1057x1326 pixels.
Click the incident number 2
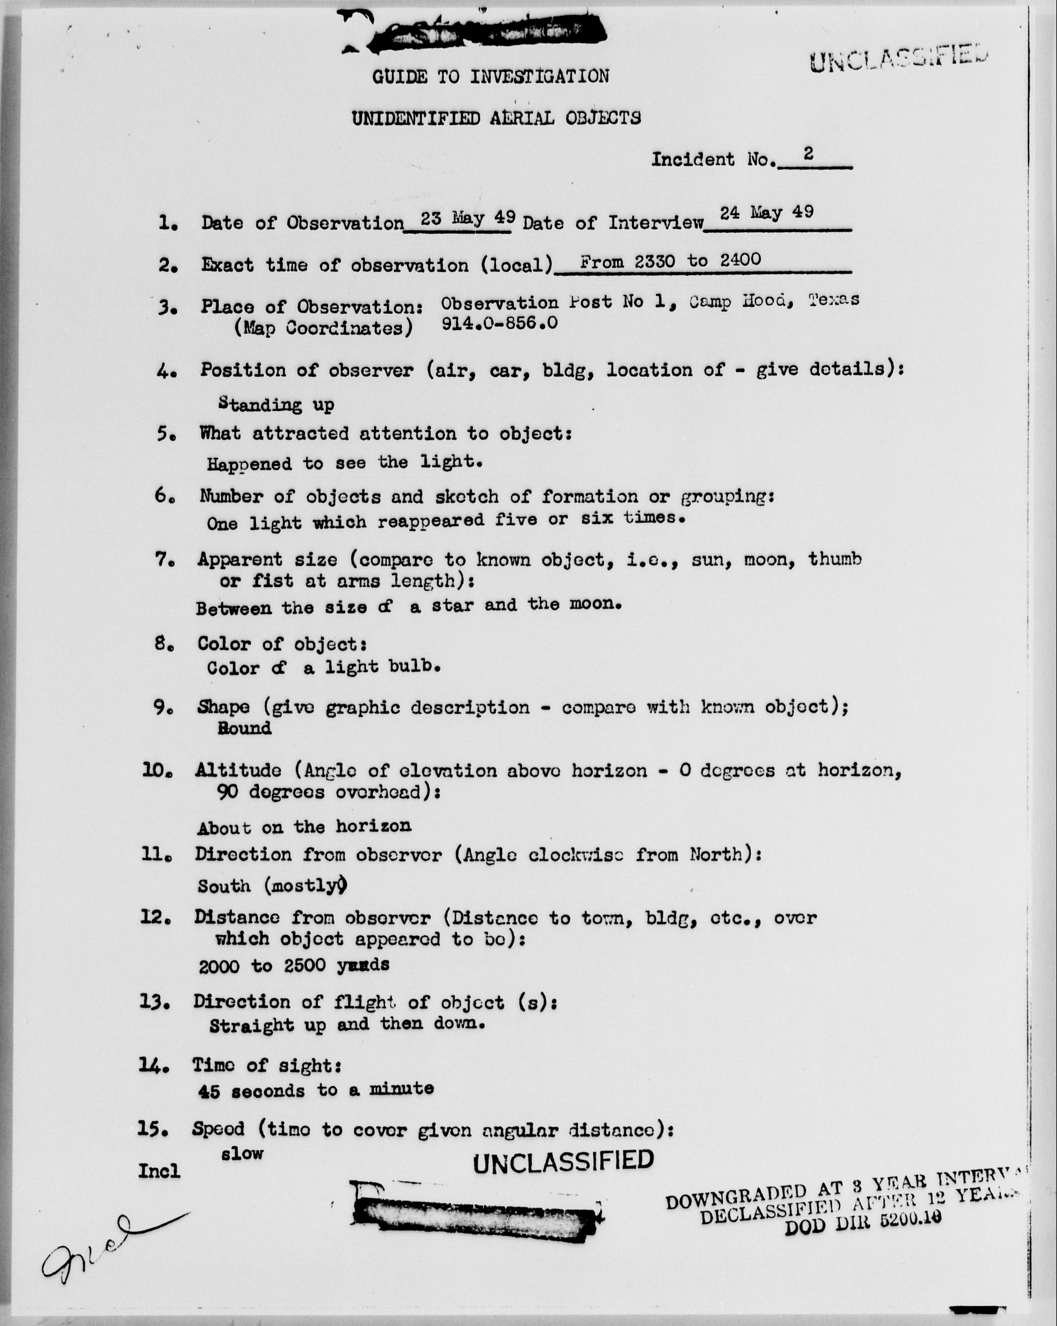pos(808,154)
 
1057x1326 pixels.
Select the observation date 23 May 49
pos(468,218)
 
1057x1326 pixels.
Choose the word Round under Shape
pos(244,728)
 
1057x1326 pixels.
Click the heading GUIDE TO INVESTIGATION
pos(490,77)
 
